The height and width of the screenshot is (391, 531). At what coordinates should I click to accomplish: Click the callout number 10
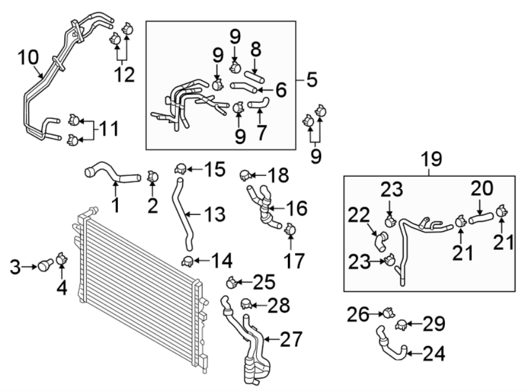[x=28, y=58]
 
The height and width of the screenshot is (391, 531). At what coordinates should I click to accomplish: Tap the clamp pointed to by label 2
[x=152, y=175]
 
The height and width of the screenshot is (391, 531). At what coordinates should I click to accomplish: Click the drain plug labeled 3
[x=44, y=265]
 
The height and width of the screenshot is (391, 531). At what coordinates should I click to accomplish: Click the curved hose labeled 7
[x=258, y=106]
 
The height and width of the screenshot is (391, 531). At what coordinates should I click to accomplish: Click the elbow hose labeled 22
[x=381, y=240]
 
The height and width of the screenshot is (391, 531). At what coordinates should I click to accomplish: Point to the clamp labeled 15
[x=180, y=170]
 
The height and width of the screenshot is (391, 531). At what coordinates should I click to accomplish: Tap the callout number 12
[x=124, y=75]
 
